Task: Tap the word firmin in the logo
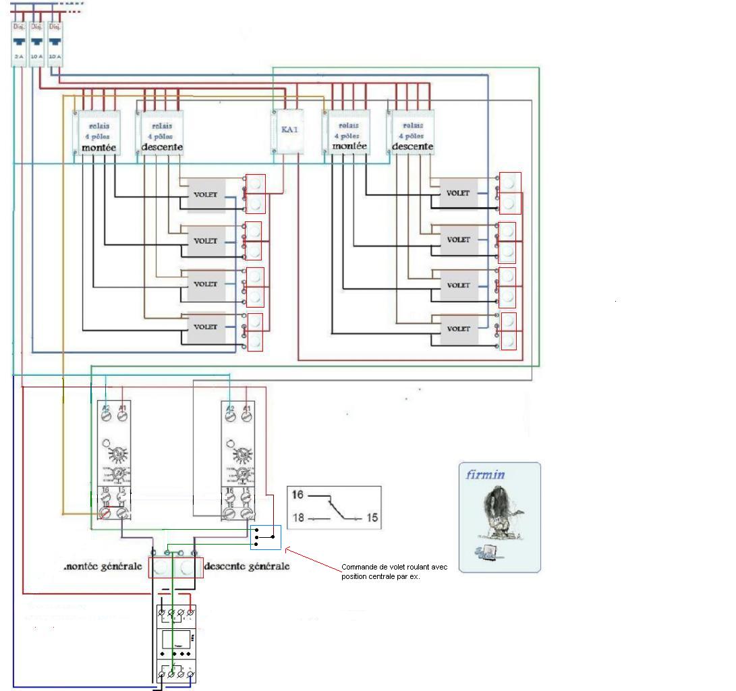(x=485, y=474)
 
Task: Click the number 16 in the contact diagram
(x=298, y=495)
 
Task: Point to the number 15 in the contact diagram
(x=372, y=518)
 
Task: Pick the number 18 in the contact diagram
(x=298, y=518)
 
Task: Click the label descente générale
(x=246, y=565)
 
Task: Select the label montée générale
(x=103, y=566)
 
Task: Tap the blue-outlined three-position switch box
(x=265, y=536)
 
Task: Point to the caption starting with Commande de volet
(x=394, y=572)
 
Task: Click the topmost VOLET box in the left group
(x=205, y=194)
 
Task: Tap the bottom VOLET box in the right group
(x=458, y=329)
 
